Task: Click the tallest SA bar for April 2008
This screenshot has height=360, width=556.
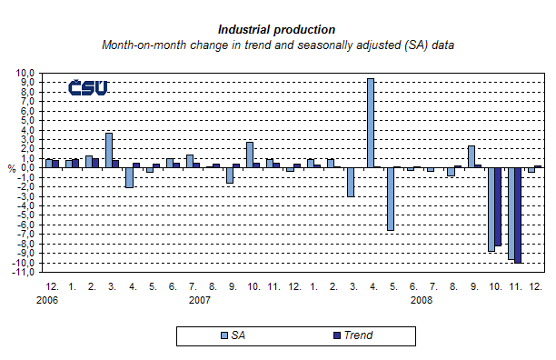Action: pos(371,123)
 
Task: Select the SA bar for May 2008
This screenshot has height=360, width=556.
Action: pos(391,198)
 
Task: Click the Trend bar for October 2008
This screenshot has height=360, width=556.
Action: pos(498,206)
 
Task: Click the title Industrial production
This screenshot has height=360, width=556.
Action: pos(277,30)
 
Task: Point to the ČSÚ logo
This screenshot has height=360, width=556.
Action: pos(88,88)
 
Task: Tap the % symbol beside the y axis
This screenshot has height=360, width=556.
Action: pos(12,168)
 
